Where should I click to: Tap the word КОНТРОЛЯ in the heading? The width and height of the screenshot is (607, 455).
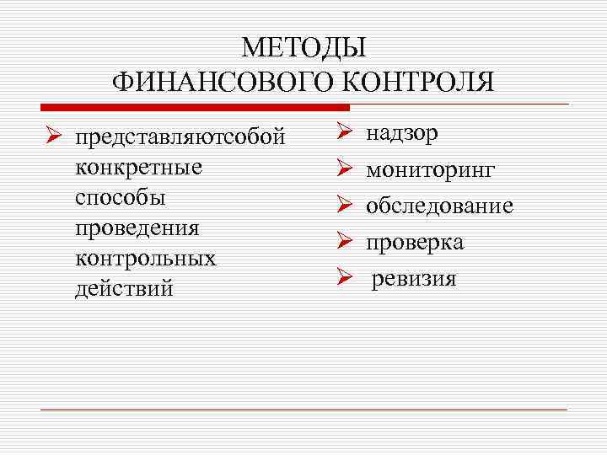coord(411,83)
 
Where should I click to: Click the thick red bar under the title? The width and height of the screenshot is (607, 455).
coord(195,108)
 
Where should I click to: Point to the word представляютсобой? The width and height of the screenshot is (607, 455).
coord(180,136)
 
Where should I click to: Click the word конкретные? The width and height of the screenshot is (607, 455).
coord(138,167)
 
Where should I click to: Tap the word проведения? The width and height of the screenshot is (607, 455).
coord(137,227)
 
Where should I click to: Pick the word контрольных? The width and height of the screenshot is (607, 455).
coord(145,258)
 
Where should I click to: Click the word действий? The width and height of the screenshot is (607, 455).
coord(124,288)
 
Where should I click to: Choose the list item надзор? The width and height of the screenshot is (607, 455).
coord(401,133)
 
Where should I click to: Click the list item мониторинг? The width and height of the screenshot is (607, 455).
coord(430,170)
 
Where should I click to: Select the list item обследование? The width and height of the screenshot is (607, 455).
coord(439,206)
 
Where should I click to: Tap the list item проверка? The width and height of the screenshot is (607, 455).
coord(414,243)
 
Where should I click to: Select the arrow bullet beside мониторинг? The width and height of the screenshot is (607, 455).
coord(343,169)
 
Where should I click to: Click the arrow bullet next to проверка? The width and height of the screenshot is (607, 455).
coord(343,242)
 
